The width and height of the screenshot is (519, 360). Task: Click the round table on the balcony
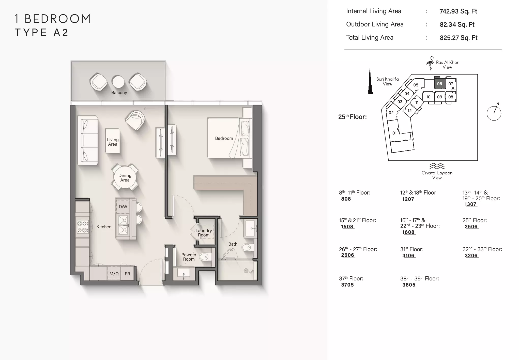point(118,82)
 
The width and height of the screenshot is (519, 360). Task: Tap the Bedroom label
point(224,138)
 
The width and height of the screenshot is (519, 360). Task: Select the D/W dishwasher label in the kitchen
point(123,207)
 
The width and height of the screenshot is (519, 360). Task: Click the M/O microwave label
point(114,274)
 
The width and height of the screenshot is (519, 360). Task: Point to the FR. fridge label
point(128,274)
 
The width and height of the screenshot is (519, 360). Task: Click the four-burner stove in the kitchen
point(83,227)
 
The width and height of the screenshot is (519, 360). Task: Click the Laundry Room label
point(204,233)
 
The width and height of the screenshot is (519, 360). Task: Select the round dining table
point(125,177)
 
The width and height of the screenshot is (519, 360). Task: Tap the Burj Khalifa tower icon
point(371,82)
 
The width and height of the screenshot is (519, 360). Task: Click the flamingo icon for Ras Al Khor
point(430,63)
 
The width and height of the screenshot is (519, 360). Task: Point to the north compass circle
point(494,113)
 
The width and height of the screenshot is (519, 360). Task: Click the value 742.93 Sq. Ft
point(459,11)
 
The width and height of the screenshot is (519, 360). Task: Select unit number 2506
point(471,227)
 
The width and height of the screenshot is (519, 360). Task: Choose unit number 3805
point(409,285)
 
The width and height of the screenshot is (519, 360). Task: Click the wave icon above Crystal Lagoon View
point(437,166)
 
